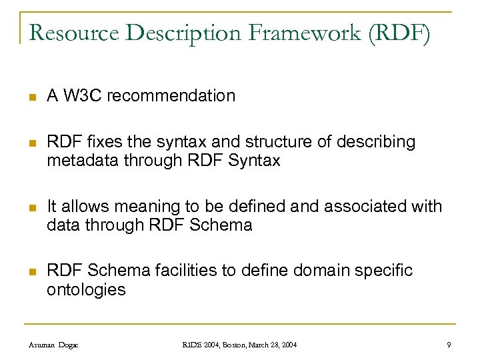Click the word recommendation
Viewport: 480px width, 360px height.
(x=171, y=96)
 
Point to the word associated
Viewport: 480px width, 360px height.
(x=363, y=207)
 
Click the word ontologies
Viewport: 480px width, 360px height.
(x=86, y=289)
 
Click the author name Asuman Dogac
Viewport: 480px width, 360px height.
(x=55, y=344)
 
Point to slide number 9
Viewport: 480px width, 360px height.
(x=449, y=344)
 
